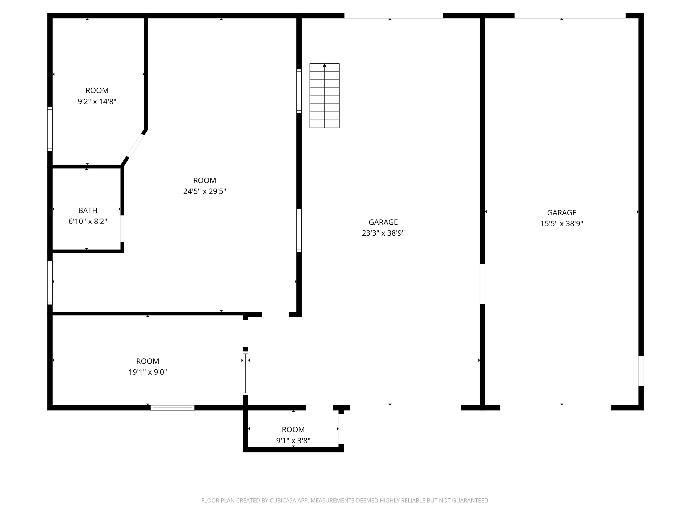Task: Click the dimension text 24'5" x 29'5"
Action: tap(205, 191)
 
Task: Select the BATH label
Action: tap(88, 210)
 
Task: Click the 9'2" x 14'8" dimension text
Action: tap(97, 101)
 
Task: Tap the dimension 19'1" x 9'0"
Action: tap(148, 372)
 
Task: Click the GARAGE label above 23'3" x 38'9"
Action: tap(383, 222)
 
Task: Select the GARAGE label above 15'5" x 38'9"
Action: tap(561, 213)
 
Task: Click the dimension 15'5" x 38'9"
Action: tap(561, 223)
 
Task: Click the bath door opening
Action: tap(122, 229)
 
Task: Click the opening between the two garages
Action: tap(482, 284)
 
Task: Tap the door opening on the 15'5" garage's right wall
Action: tap(641, 371)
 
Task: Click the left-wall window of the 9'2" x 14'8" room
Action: tap(50, 129)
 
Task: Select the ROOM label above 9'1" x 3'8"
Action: tap(293, 430)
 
